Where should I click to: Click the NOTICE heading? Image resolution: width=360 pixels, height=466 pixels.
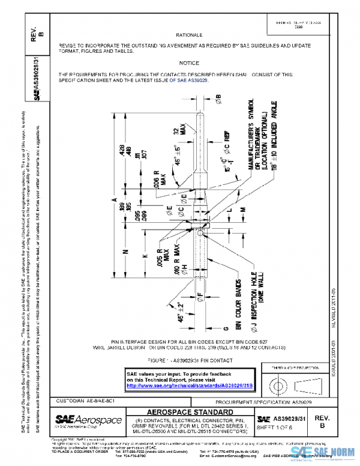click(x=189, y=63)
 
